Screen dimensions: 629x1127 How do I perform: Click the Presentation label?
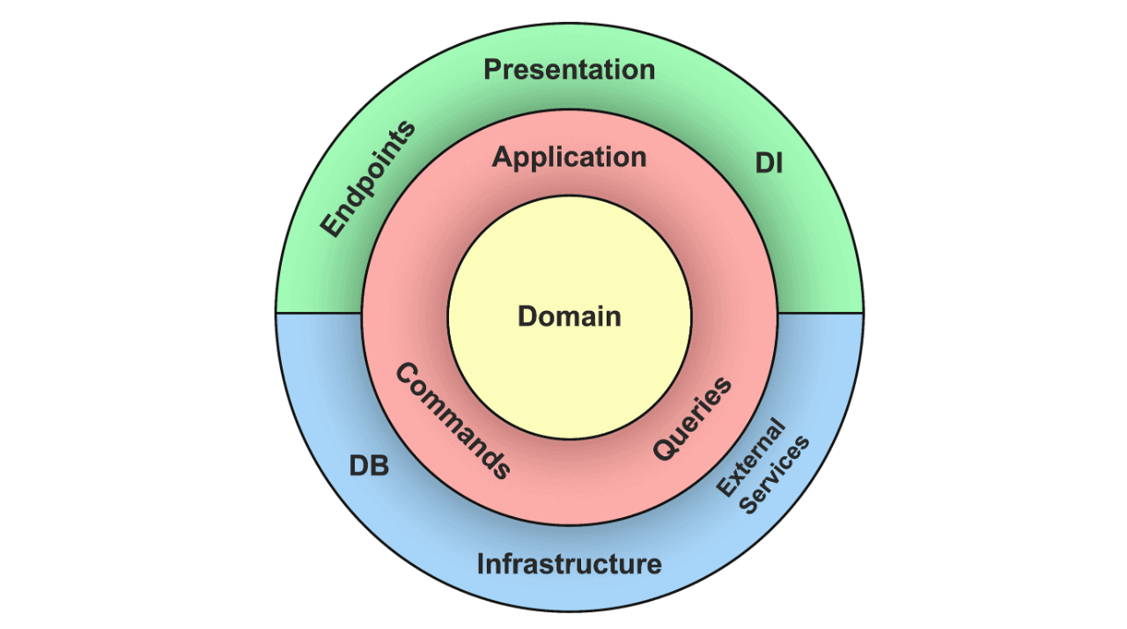[569, 70]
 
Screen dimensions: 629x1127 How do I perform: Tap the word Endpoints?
[367, 179]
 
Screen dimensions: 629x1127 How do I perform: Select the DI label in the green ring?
[769, 163]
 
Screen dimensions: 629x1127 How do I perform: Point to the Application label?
[569, 158]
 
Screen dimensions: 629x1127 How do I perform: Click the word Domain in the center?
[569, 316]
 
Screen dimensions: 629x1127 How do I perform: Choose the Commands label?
[453, 421]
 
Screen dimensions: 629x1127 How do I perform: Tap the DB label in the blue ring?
[369, 466]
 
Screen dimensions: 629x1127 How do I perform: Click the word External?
[750, 459]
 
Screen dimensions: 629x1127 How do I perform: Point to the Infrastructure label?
[569, 564]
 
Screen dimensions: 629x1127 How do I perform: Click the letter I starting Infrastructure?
[481, 564]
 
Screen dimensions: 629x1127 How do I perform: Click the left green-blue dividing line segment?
[320, 313]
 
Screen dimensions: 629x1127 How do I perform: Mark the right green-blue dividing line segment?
[820, 313]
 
